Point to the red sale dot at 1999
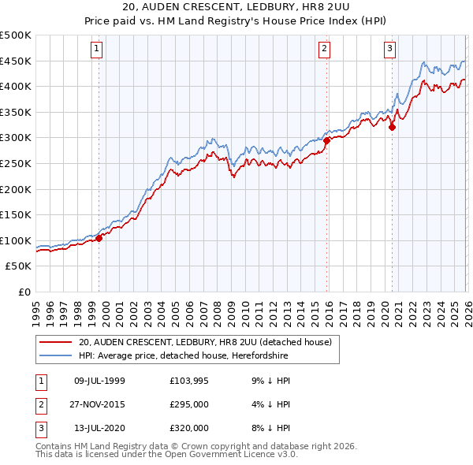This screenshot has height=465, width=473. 99,239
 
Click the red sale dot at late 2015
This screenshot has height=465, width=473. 326,140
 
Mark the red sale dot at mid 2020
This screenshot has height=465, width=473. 392,128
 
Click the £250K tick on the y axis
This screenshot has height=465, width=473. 16,163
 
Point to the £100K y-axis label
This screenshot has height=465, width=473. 16,240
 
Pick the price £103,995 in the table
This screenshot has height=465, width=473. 188,381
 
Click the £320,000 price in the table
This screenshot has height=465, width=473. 188,428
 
